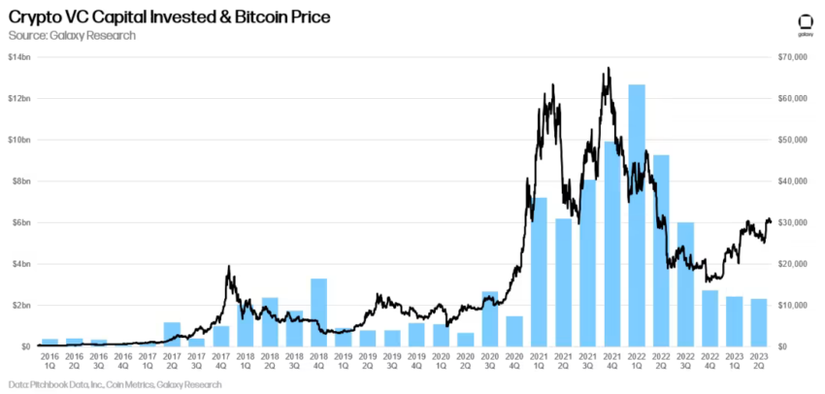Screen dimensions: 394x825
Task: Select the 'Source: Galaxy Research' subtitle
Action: click(72, 36)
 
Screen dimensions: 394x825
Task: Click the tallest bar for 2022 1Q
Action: click(637, 214)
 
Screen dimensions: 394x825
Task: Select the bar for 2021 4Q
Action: click(612, 244)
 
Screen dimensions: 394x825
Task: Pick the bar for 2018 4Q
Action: click(318, 312)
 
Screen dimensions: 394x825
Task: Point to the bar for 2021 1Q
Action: click(540, 272)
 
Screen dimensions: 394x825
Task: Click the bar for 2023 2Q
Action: click(758, 322)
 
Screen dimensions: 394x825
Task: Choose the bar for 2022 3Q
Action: click(685, 283)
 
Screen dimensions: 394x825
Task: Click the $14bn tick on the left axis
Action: click(19, 57)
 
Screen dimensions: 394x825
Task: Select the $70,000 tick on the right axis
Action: click(793, 57)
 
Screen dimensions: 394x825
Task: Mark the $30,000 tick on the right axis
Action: click(793, 222)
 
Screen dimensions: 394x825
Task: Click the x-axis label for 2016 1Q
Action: click(49, 361)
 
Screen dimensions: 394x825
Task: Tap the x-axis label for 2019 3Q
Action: click(392, 361)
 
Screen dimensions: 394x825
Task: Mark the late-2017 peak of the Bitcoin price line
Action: click(228, 267)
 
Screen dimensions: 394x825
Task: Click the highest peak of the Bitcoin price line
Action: click(608, 68)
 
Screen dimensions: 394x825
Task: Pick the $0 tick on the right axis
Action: click(783, 346)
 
